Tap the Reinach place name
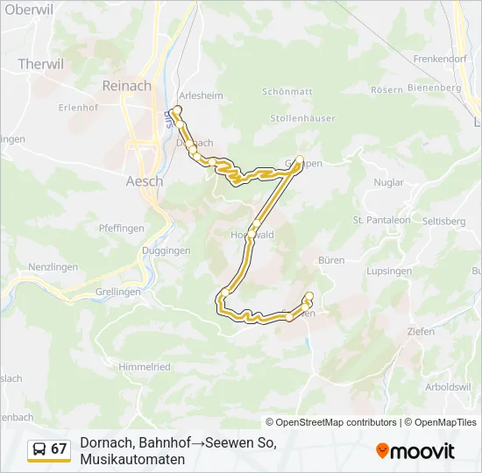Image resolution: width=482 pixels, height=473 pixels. [126, 86]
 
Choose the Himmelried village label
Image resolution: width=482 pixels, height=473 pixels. [145, 367]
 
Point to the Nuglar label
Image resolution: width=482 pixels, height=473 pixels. [389, 183]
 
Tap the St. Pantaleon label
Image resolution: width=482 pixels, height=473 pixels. [381, 220]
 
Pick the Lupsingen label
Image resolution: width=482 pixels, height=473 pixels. [391, 272]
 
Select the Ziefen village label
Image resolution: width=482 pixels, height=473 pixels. [421, 331]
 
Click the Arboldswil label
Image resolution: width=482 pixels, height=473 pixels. [448, 386]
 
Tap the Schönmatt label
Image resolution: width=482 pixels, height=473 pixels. [286, 92]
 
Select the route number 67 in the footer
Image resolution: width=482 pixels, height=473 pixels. [59, 449]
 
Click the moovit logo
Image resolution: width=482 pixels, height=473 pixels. [415, 451]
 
